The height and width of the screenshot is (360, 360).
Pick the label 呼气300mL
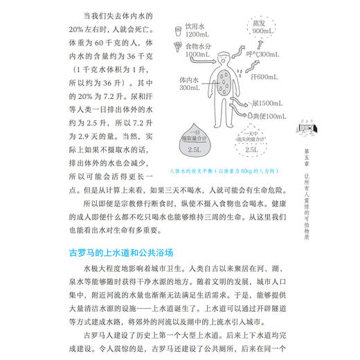[264, 53]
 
